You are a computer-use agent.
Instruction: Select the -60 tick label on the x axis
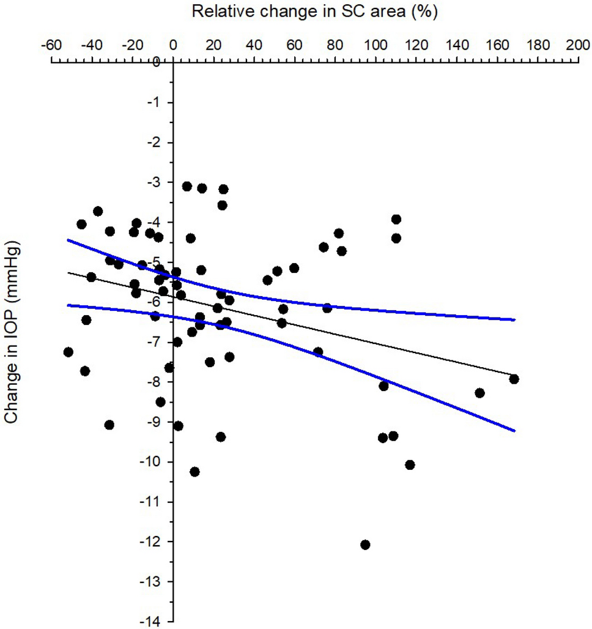click(x=51, y=45)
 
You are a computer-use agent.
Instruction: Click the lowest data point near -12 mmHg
click(x=365, y=545)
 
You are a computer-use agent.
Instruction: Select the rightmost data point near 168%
click(x=514, y=379)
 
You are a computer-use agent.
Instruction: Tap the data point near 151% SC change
click(x=479, y=393)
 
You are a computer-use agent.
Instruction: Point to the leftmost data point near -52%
click(x=68, y=352)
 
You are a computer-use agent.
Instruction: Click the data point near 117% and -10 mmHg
click(x=410, y=465)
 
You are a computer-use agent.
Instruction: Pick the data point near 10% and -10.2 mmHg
click(x=194, y=472)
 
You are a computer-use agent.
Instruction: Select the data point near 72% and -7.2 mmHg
click(x=318, y=352)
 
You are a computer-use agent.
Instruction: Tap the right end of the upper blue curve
click(x=514, y=319)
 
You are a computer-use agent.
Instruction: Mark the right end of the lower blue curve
click(x=514, y=431)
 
